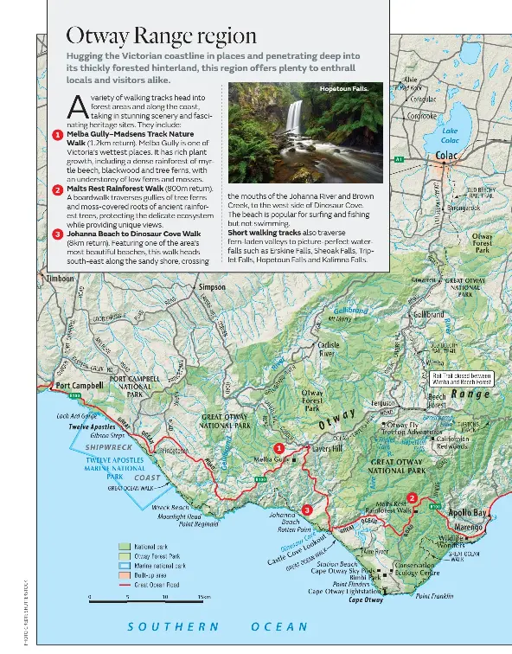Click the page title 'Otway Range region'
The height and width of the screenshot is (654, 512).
coord(162,36)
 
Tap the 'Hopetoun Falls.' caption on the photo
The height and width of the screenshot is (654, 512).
coord(343,89)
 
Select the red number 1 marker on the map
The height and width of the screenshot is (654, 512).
coord(278,447)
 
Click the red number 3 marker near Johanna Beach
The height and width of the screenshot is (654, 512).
coord(305,510)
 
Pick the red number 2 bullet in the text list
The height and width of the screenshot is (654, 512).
coord(57,189)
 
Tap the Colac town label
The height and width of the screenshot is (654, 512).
coord(446,156)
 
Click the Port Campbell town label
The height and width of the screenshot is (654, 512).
coord(80,386)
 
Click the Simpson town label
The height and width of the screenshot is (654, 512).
coord(212,286)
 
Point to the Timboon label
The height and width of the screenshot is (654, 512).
coord(60,279)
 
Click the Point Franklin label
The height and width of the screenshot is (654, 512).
coord(434,596)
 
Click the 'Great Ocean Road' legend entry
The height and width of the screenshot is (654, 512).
coord(154,585)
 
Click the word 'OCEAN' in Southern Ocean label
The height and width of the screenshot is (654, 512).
coord(278,626)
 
